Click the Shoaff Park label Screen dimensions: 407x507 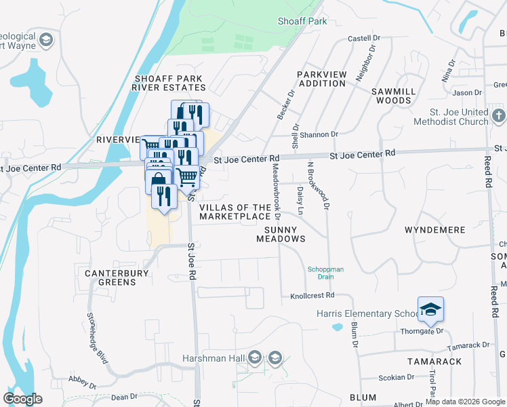[x=302, y=21]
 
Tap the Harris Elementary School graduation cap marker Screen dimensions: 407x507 [x=430, y=310]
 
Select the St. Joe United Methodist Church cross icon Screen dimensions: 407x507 [x=500, y=115]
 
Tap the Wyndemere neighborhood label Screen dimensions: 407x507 [x=434, y=230]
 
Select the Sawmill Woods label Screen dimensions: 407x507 [x=390, y=95]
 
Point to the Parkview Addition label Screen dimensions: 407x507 [x=321, y=78]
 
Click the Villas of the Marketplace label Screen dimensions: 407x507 [x=235, y=212]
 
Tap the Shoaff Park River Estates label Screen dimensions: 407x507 [x=169, y=83]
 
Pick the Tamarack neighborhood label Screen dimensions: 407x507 [x=434, y=362]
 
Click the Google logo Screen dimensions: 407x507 [x=22, y=399]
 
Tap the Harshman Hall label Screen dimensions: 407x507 [x=212, y=357]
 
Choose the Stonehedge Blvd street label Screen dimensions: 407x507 [x=97, y=336]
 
